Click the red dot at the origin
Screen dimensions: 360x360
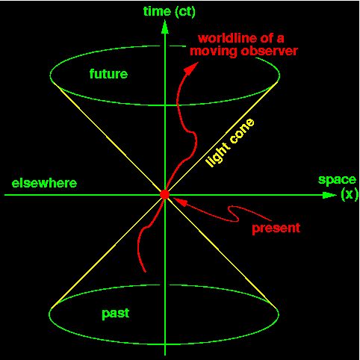(164, 194)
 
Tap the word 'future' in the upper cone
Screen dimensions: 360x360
(108, 74)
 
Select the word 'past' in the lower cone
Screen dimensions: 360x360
(116, 314)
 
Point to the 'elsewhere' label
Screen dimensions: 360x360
(45, 183)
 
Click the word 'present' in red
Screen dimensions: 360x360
(276, 229)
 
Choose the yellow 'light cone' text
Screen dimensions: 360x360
(230, 143)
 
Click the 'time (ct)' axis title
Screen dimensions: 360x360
(170, 11)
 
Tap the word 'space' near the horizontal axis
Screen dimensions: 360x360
(337, 180)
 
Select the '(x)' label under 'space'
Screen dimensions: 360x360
(349, 193)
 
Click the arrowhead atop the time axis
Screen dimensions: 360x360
(164, 27)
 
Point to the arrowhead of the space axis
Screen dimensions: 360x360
(329, 195)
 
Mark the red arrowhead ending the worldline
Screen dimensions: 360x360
(192, 68)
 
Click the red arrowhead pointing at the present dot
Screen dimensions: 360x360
(180, 202)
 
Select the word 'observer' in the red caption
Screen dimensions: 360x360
(269, 51)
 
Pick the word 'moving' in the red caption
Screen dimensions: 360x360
(214, 52)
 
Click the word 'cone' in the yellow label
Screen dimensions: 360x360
(242, 131)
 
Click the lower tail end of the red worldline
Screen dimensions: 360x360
(145, 271)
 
